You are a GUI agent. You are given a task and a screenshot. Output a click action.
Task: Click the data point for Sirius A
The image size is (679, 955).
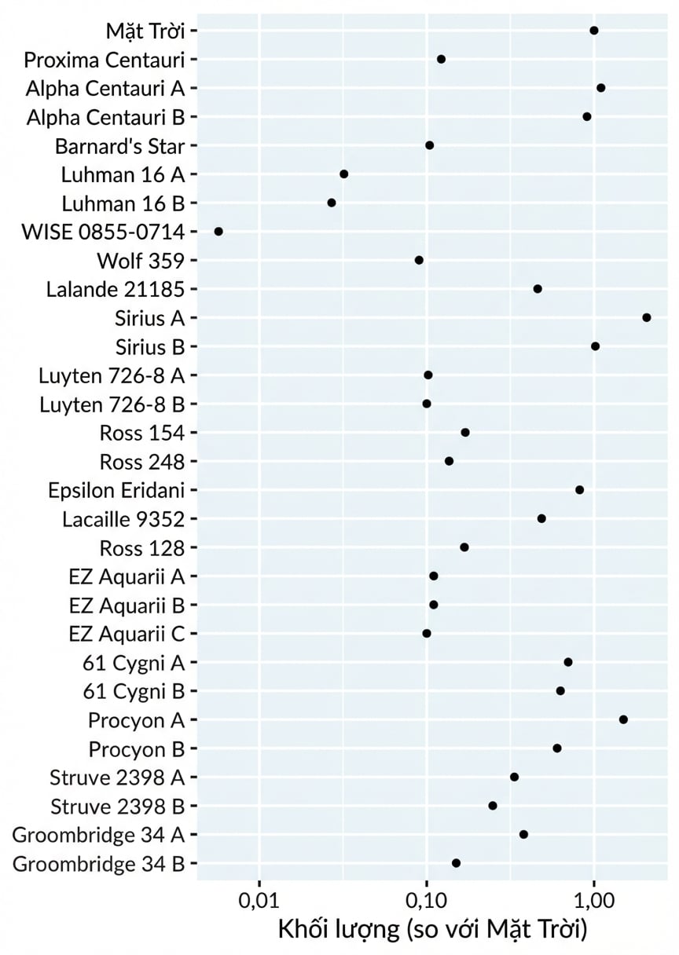646,317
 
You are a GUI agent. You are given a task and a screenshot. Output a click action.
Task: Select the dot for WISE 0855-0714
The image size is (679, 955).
218,232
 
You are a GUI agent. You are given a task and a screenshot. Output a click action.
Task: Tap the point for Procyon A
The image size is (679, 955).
623,719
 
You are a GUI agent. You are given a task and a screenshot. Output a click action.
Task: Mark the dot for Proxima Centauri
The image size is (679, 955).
441,59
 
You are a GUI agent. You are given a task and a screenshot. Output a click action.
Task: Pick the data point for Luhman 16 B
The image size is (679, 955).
332,203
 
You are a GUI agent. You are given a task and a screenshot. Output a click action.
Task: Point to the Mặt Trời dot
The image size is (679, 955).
593,31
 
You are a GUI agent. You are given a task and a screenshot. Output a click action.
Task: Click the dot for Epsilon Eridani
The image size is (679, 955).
579,490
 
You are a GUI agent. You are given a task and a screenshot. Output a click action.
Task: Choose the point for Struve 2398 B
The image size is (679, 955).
493,806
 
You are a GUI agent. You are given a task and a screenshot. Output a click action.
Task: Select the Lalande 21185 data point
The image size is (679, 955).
538,289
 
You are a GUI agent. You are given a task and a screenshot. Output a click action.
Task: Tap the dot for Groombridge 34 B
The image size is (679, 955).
456,863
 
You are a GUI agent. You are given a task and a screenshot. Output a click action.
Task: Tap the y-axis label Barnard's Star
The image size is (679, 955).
120,146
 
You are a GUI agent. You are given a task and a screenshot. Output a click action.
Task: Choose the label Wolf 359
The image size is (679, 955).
141,261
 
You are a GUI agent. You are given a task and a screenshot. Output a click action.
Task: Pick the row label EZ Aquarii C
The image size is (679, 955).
127,634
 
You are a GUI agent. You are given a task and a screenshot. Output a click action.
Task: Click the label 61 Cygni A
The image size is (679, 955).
134,663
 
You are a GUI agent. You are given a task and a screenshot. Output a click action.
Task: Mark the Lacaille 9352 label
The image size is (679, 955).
123,519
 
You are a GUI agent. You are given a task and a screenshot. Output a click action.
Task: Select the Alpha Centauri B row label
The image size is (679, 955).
105,117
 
